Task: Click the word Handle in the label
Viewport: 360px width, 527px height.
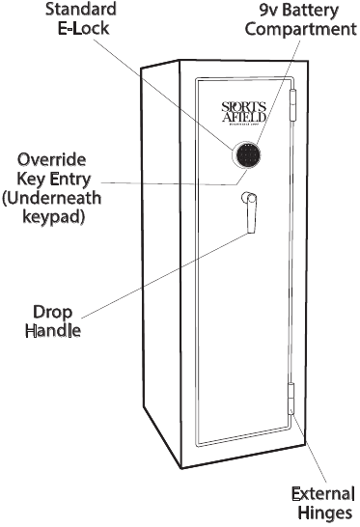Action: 54,331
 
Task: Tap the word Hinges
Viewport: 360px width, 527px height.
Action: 325,514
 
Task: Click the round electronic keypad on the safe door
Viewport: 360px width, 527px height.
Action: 247,154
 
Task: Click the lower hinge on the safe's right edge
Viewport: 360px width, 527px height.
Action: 291,397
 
